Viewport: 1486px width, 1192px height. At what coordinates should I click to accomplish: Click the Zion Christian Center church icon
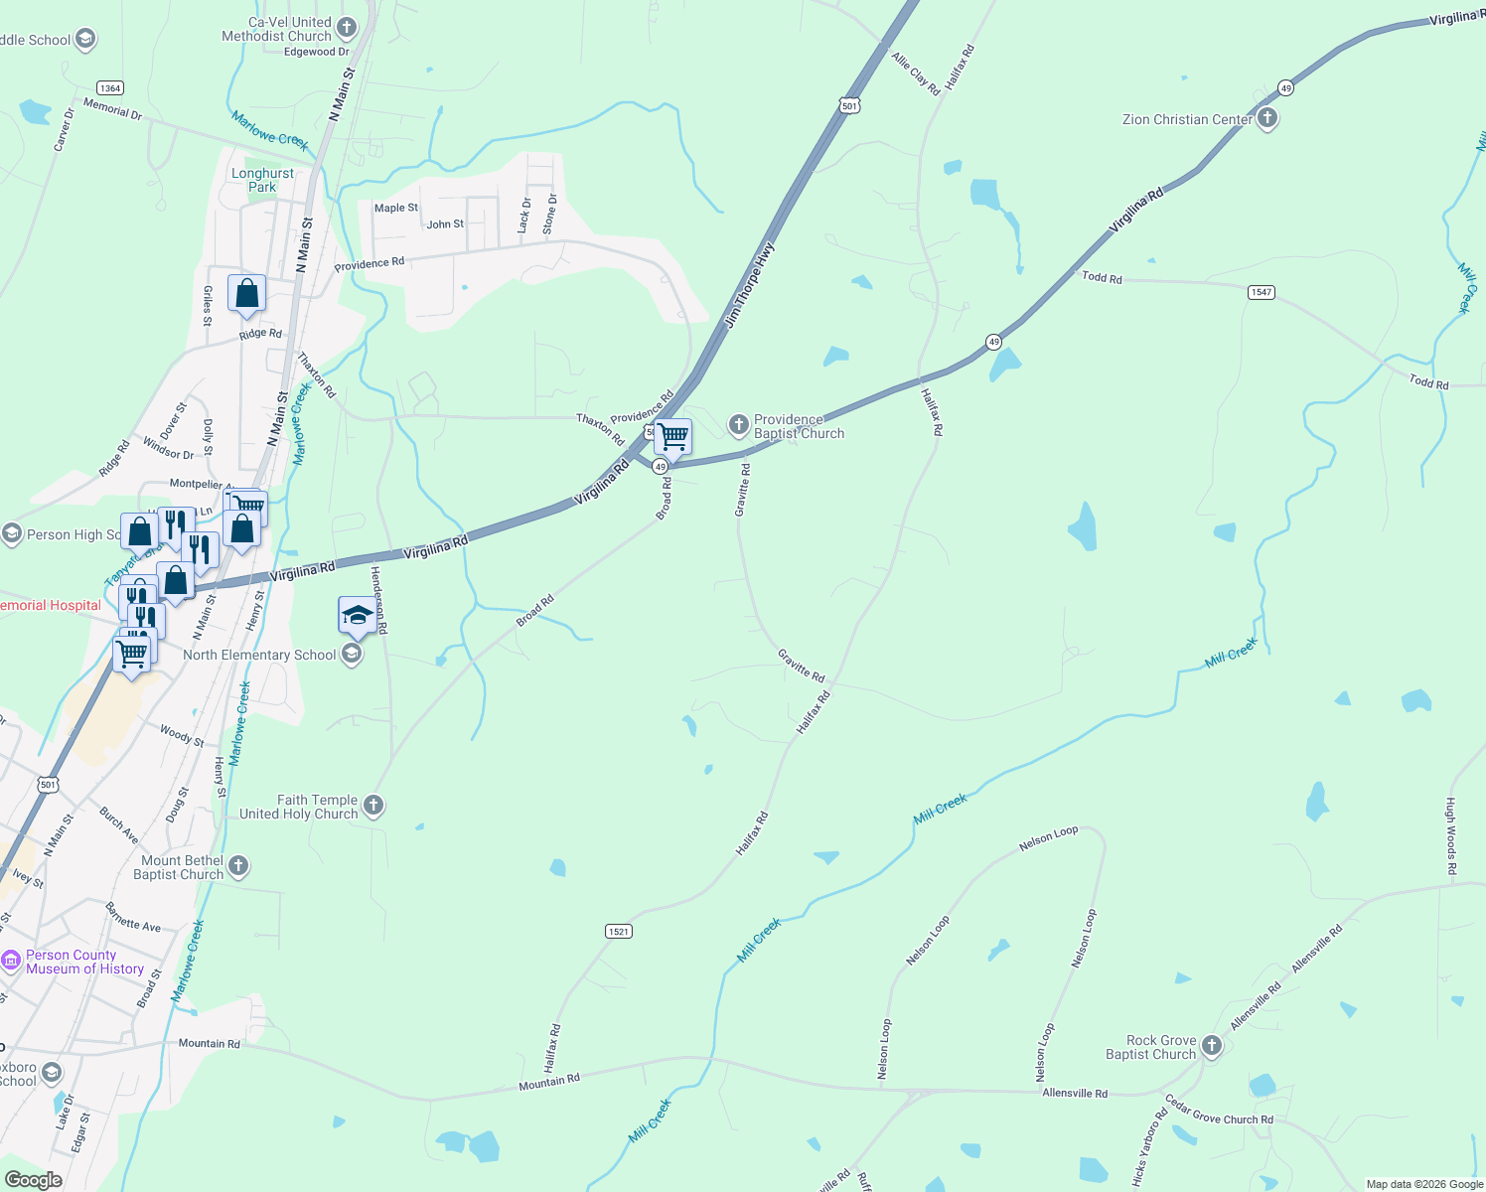[1266, 119]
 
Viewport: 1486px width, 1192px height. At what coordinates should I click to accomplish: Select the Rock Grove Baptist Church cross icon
[1211, 1045]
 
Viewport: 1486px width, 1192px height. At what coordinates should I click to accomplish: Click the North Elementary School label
[259, 655]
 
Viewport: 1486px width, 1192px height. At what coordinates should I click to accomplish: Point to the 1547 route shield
[1261, 292]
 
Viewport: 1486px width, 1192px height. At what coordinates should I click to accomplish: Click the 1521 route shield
[618, 931]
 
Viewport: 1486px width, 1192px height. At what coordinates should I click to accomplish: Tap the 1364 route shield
[109, 88]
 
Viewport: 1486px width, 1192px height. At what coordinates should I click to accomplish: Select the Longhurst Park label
[262, 180]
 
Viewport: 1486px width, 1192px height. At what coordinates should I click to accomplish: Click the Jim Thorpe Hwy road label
[749, 285]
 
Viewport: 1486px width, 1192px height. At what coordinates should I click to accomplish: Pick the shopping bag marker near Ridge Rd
[246, 294]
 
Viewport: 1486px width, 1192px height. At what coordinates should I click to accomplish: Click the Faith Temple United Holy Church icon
[373, 805]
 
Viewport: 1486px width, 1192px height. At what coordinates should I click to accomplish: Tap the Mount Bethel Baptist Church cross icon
[238, 865]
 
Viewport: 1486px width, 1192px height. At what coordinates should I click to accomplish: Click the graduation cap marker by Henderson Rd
[357, 616]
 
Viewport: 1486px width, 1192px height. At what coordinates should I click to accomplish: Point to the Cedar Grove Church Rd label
[1218, 1112]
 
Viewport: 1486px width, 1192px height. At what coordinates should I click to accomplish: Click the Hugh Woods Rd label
[1451, 836]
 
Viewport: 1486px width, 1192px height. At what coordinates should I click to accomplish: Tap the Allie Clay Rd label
[915, 74]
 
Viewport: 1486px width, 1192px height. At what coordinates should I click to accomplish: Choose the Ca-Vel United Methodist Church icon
[347, 27]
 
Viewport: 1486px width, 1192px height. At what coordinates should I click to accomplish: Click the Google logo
[33, 1179]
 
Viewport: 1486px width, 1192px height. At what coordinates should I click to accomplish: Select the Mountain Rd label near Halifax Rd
[548, 1082]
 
